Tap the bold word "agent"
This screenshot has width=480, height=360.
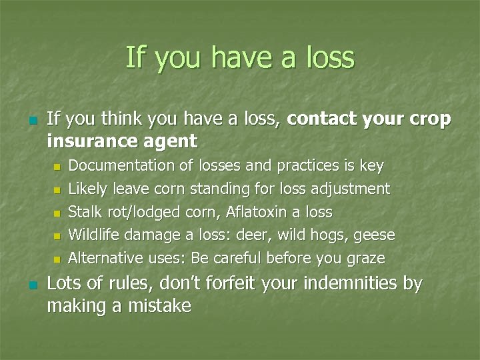coord(174,142)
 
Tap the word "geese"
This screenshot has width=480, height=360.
coord(374,236)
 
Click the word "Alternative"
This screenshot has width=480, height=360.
coord(106,257)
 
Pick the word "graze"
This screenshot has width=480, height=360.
coord(365,259)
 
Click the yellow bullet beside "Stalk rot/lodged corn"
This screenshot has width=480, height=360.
coord(57,213)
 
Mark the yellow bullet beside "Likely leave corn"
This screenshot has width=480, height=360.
coord(57,190)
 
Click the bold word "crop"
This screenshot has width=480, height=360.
coord(431,119)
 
